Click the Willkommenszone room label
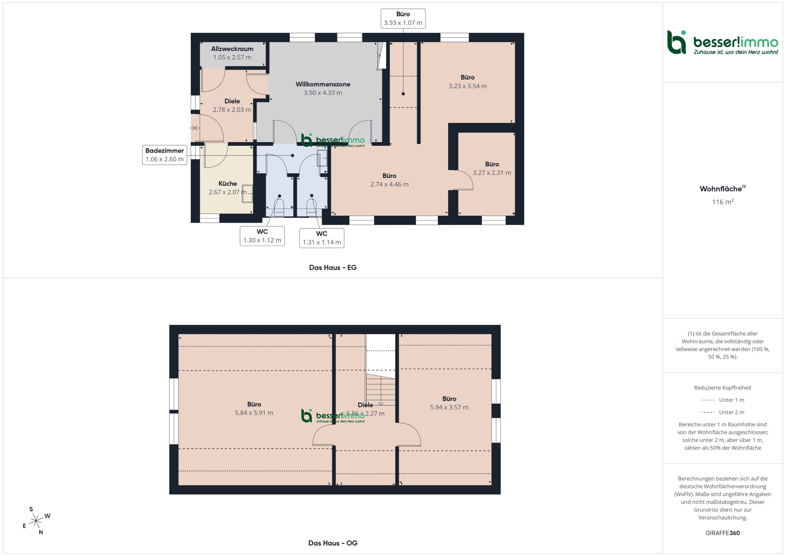323,84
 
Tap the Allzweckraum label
232,49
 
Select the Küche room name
228,184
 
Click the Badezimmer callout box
165,155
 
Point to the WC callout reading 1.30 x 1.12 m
262,236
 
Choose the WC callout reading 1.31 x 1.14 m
322,238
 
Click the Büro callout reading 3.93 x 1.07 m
403,18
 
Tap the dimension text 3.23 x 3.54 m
468,86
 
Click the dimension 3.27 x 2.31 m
492,173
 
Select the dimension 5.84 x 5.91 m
254,413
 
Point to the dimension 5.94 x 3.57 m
449,407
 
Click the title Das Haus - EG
333,268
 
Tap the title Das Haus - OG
333,543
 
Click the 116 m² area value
723,202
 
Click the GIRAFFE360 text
723,533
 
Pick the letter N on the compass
41,532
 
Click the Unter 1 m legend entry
723,400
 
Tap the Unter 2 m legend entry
723,412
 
